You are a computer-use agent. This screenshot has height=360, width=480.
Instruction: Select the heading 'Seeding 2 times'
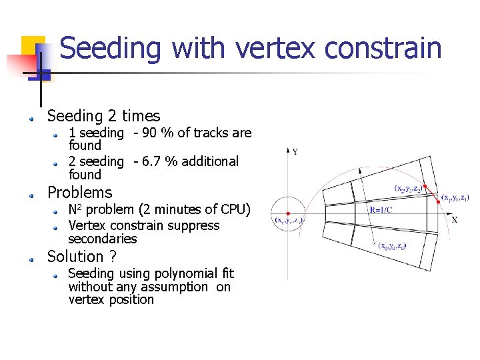pyautogui.click(x=103, y=116)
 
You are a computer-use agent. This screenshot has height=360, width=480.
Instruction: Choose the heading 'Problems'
pyautogui.click(x=79, y=193)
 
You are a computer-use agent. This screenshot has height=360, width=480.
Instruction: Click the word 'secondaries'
pyautogui.click(x=102, y=239)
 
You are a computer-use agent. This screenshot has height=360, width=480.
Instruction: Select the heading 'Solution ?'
pyautogui.click(x=81, y=257)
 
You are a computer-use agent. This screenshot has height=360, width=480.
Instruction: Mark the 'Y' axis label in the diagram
pyautogui.click(x=295, y=152)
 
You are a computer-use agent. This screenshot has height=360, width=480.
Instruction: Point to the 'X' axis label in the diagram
pyautogui.click(x=455, y=219)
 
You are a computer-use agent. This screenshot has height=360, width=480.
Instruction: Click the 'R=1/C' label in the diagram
pyautogui.click(x=381, y=210)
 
